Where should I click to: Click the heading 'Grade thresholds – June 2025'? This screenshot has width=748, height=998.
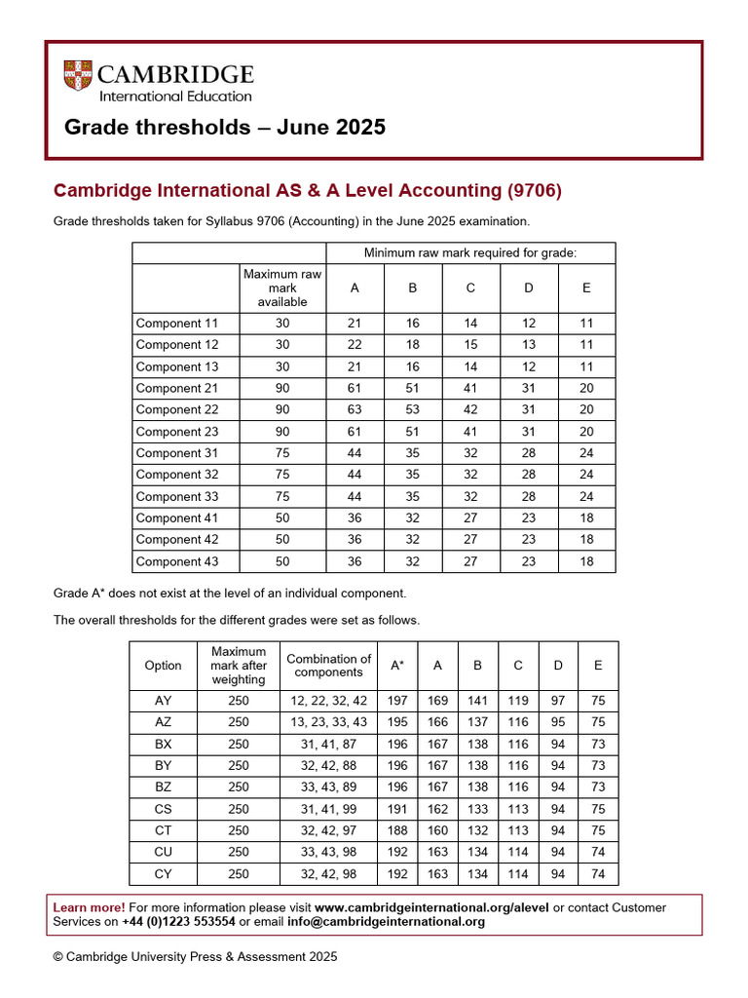[x=224, y=128]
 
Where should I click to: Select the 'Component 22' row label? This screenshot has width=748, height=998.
[x=177, y=410]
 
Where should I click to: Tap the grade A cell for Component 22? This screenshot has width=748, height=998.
[x=354, y=410]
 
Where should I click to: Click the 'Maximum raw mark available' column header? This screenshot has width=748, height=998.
[x=282, y=288]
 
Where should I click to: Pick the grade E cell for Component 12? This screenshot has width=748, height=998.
[x=586, y=345]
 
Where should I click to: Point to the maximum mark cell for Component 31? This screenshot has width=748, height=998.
[x=282, y=453]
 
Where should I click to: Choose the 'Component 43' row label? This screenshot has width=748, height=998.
[x=177, y=561]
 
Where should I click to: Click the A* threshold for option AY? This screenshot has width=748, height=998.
[x=397, y=701]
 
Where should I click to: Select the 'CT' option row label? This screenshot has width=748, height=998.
[x=163, y=830]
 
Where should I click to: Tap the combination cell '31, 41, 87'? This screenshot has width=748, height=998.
[x=328, y=744]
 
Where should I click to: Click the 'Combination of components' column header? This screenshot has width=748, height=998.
[x=328, y=666]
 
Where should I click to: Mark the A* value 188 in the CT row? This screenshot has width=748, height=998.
[x=397, y=830]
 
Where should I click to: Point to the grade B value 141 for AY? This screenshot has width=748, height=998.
[x=477, y=701]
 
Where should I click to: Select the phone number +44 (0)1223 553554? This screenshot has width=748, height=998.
[x=178, y=922]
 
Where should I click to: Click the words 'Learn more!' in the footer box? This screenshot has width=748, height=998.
[x=89, y=907]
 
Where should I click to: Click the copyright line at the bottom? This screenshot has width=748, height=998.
[x=195, y=957]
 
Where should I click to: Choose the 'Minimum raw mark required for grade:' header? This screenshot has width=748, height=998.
[x=470, y=253]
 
